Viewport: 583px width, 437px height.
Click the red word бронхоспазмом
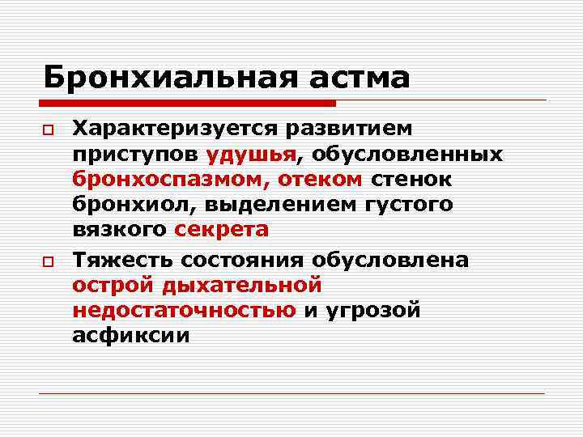click(177, 179)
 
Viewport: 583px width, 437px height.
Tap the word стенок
click(413, 179)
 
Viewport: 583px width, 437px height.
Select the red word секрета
click(221, 229)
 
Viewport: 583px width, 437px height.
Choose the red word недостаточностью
click(184, 310)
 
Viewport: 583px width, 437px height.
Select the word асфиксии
click(130, 335)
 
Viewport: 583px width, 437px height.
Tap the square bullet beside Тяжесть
click(49, 261)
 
